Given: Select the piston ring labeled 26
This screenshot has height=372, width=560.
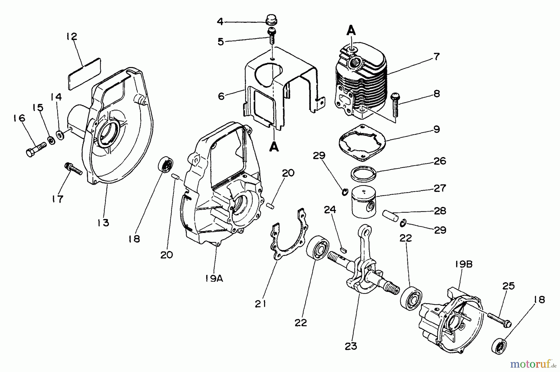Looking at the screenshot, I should click(363, 173).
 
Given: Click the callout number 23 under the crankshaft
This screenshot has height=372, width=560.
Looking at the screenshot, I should click(351, 346).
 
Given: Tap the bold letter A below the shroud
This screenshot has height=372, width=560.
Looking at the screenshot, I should click(274, 147).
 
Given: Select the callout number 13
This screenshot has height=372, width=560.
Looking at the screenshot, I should click(103, 223).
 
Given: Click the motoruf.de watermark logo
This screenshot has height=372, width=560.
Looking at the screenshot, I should click(532, 363).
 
